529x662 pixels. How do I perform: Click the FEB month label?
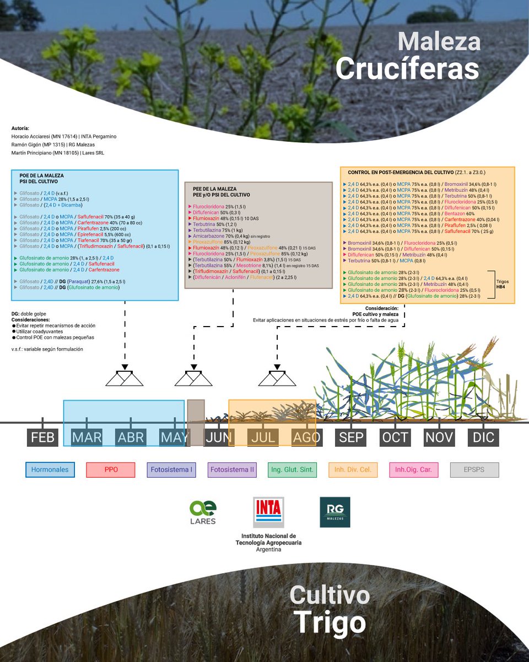coord(42,437)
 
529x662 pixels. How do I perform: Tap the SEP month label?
coord(351,437)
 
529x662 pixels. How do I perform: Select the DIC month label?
coord(483,437)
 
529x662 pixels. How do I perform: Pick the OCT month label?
coord(395,437)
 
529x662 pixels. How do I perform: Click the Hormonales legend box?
coord(50,470)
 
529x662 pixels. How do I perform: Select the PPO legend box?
coord(111,470)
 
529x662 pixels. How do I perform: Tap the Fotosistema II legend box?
coord(231,470)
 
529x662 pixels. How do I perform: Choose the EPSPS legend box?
coord(474,470)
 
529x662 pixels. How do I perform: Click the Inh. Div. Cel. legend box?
coord(353,470)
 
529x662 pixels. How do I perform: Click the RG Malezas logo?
coord(334,512)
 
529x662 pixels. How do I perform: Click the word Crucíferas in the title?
coord(407,69)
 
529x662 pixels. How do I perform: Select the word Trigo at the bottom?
coord(330,623)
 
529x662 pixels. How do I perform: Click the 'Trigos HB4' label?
coord(503,284)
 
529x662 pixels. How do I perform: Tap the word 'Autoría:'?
coord(20,127)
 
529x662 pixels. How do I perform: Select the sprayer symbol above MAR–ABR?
coord(125,377)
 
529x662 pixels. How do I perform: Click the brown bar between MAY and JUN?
coord(196,423)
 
